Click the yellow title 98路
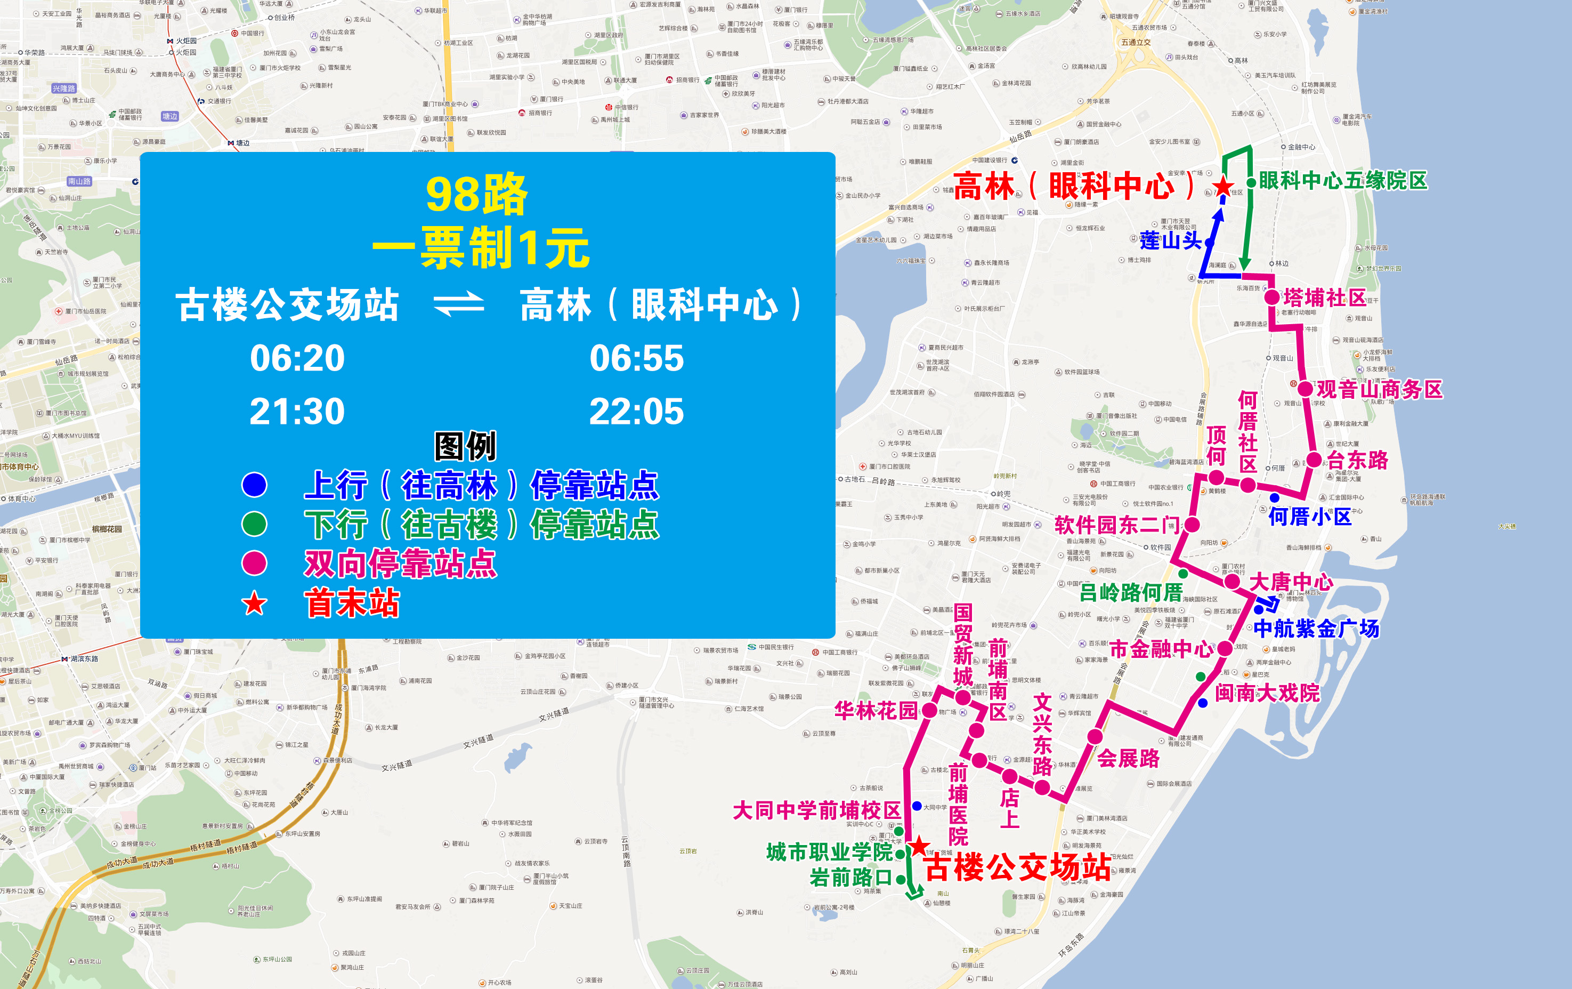(x=476, y=195)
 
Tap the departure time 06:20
(x=297, y=358)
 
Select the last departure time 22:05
(x=636, y=412)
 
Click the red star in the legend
(x=255, y=604)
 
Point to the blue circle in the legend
(x=255, y=484)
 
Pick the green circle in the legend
(x=255, y=524)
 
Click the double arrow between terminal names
(x=459, y=304)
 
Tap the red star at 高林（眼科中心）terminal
(x=1222, y=188)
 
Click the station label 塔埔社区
(x=1325, y=298)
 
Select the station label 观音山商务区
(x=1379, y=389)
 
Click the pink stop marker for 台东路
(x=1314, y=460)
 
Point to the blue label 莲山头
(x=1171, y=240)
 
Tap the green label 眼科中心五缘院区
(x=1343, y=181)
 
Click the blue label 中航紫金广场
(x=1316, y=629)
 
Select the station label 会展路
(x=1128, y=758)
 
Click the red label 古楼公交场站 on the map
(x=1017, y=867)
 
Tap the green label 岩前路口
(x=850, y=877)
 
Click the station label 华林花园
(x=876, y=711)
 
